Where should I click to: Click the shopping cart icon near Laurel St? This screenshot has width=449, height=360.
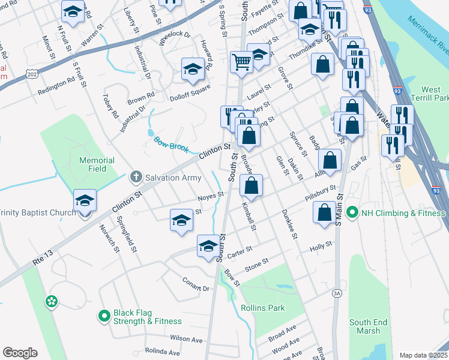click(241, 62)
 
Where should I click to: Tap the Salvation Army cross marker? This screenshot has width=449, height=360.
click(136, 176)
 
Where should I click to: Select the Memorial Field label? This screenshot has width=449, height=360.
click(97, 164)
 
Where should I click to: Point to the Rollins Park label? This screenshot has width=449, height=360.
click(262, 308)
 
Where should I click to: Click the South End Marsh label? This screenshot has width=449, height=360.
click(365, 326)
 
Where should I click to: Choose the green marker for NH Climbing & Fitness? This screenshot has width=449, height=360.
click(352, 212)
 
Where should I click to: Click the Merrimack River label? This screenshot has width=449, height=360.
click(427, 32)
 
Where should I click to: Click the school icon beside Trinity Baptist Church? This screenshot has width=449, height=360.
click(85, 200)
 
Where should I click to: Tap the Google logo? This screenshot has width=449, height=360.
click(20, 353)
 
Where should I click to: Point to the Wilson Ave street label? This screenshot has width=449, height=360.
click(185, 338)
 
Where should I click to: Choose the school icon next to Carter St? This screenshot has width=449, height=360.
click(208, 246)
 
